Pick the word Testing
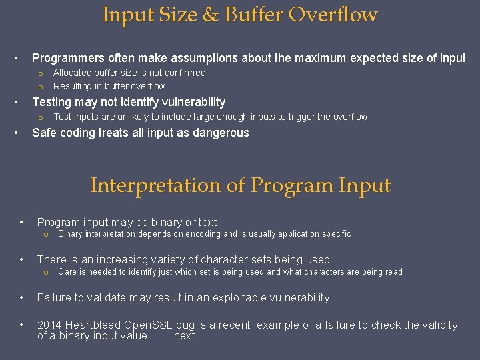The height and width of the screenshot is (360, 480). pyautogui.click(x=52, y=102)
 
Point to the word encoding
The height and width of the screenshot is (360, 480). pyautogui.click(x=202, y=234)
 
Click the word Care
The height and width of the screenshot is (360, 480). pyautogui.click(x=67, y=271)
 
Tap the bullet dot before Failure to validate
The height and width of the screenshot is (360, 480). pyautogui.click(x=22, y=297)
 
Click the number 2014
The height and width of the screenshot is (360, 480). pyautogui.click(x=50, y=325)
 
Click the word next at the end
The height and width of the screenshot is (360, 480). pyautogui.click(x=183, y=336)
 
